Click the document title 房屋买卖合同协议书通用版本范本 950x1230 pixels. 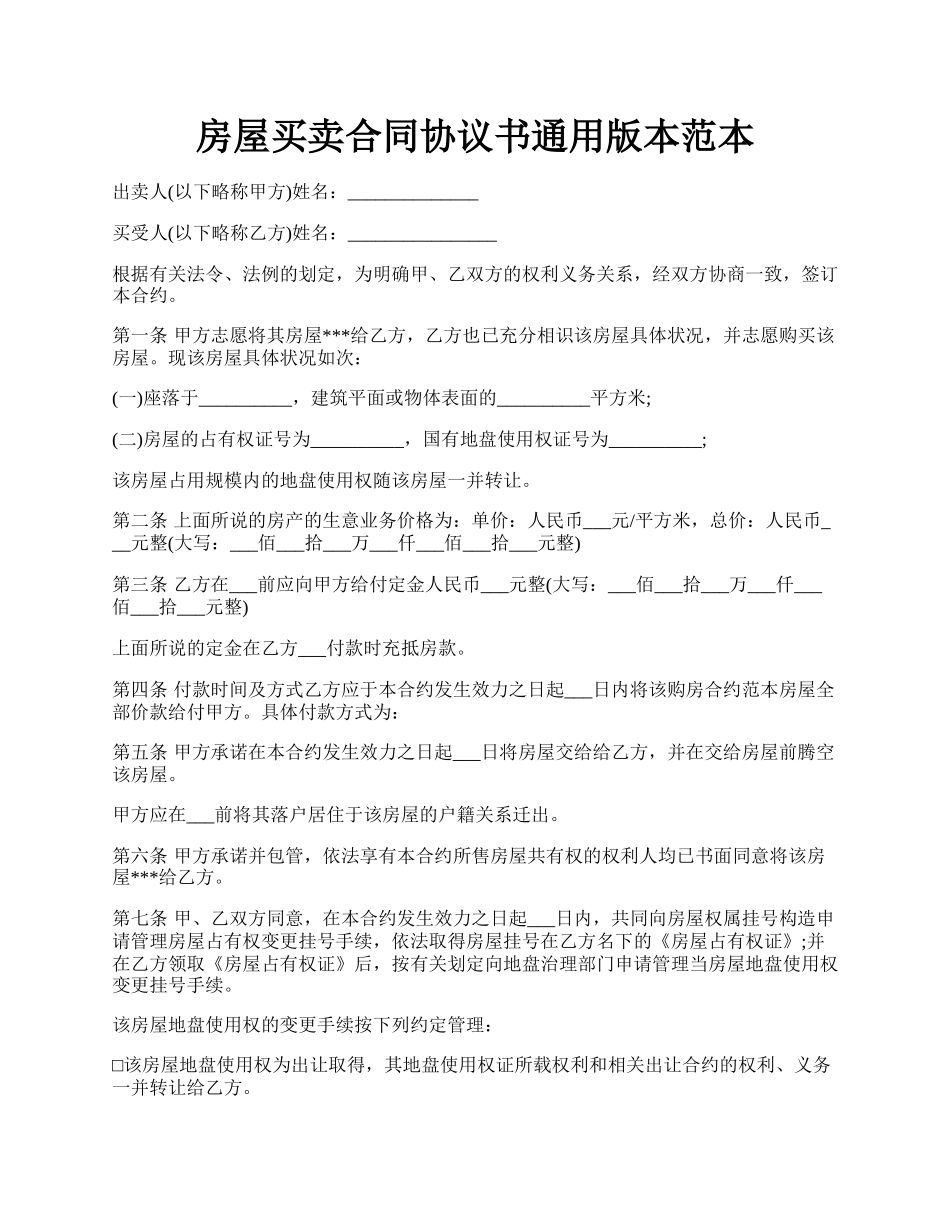(x=474, y=137)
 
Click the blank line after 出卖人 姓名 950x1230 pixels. (x=412, y=192)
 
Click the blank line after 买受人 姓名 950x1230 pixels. (x=421, y=234)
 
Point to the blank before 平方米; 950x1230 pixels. (x=543, y=399)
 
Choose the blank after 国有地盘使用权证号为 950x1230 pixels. (x=655, y=440)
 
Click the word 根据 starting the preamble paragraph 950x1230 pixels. (x=129, y=276)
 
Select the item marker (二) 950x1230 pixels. (x=128, y=440)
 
